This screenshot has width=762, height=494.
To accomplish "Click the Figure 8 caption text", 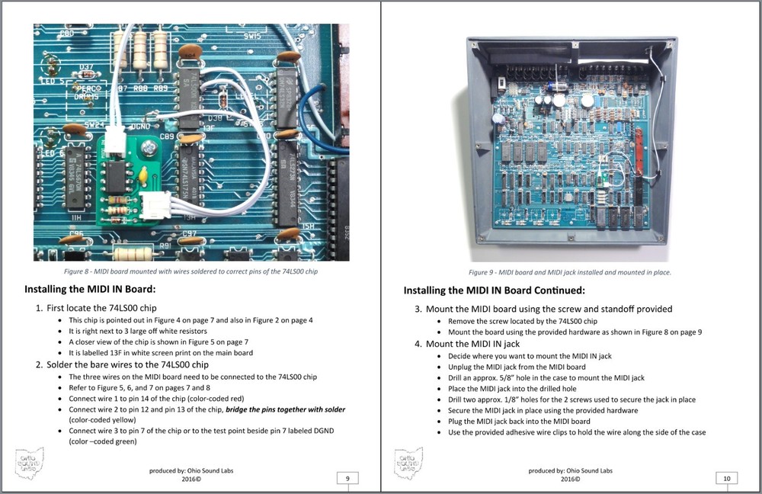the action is pos(190,271).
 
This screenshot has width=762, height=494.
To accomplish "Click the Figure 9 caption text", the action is pos(569,272).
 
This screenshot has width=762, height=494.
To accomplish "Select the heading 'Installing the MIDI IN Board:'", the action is pos(90,289).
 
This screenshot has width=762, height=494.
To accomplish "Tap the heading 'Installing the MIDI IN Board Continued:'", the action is pos(495,290).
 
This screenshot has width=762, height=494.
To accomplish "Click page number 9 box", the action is pos(347,479).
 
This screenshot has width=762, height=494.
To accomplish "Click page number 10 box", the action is pos(726,479).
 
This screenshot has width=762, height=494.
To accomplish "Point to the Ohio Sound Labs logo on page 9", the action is pos(30,463).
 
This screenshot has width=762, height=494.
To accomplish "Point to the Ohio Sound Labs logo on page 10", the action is pos(408,463).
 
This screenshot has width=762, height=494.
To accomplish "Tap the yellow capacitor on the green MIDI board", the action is pos(143,175).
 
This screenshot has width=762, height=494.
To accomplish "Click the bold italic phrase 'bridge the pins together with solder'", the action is pos(285,409).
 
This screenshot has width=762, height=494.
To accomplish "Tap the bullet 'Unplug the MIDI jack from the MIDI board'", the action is pos(517,367).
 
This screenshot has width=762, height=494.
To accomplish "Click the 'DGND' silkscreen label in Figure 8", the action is pos(140,127).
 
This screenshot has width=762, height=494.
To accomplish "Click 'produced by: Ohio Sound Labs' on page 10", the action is pos(571,470).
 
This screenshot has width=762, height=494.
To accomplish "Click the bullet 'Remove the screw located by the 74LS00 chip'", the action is pos(523,321).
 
